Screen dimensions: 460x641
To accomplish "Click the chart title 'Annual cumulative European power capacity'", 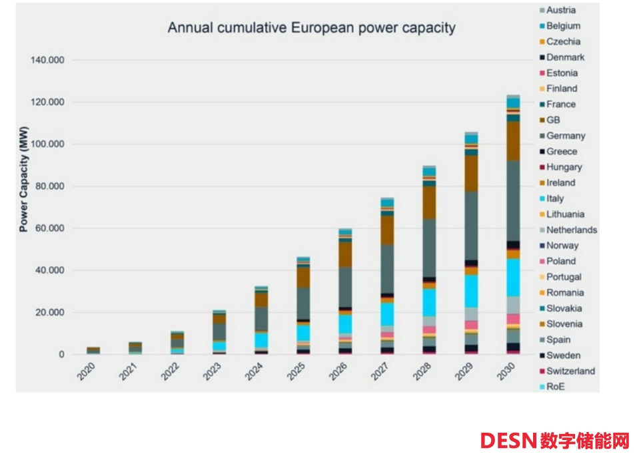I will (311, 28).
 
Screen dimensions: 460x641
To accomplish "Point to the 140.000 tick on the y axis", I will (47, 61).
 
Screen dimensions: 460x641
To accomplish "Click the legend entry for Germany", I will (565, 136).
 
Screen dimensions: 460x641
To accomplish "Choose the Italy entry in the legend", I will (554, 198).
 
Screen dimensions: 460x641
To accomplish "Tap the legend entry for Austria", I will (560, 10).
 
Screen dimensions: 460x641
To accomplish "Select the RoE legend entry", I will (554, 387).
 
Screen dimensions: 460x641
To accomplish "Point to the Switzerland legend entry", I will (570, 371).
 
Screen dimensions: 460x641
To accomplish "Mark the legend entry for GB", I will (553, 120).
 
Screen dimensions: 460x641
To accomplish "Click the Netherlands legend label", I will (571, 230).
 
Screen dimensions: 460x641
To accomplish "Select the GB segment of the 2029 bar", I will (471, 173).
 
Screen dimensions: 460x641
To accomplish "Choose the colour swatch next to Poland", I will (540, 262).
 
